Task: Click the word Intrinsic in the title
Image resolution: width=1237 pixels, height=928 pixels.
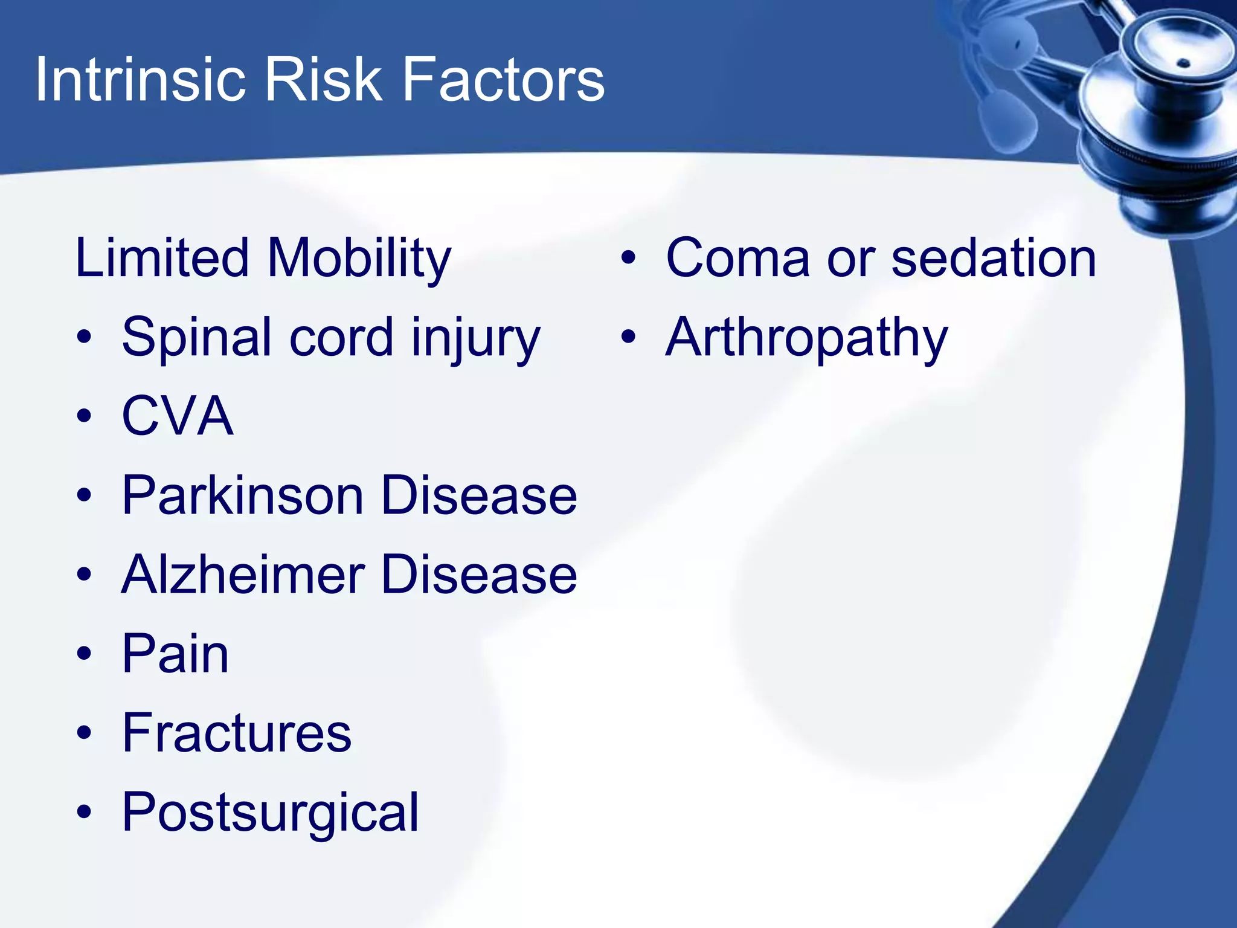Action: pyautogui.click(x=140, y=80)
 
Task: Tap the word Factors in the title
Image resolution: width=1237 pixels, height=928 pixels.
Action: pyautogui.click(x=503, y=80)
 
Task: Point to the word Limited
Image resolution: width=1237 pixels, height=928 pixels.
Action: pyautogui.click(x=162, y=259)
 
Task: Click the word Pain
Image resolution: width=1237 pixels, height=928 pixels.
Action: pyautogui.click(x=175, y=654)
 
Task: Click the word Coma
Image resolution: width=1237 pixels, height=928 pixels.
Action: pyautogui.click(x=737, y=259)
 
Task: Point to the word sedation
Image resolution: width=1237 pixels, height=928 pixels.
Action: pyautogui.click(x=994, y=259)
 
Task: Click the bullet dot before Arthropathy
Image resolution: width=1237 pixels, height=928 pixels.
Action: pyautogui.click(x=629, y=337)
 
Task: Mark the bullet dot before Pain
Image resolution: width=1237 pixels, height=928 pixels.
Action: pyautogui.click(x=85, y=653)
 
